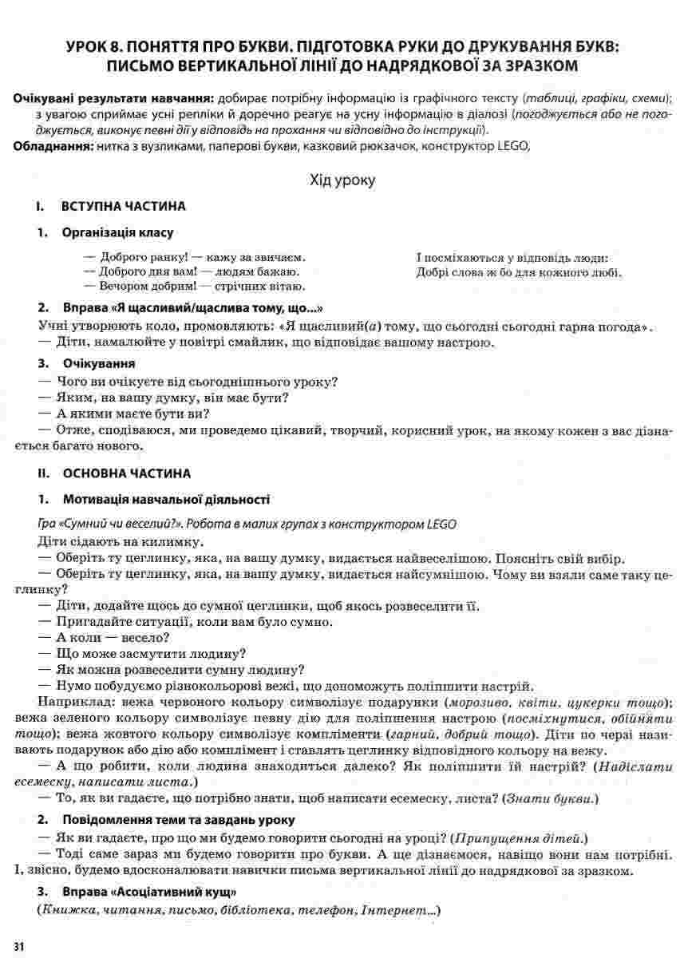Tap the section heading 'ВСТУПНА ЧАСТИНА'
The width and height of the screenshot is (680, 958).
(123, 207)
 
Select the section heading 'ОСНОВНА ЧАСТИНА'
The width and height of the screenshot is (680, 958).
(126, 473)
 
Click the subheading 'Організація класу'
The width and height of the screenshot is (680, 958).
(117, 232)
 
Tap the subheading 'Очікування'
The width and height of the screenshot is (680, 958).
(97, 363)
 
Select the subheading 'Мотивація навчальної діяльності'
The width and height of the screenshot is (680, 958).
(165, 500)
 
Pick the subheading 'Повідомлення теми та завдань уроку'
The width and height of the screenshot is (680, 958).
(179, 819)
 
